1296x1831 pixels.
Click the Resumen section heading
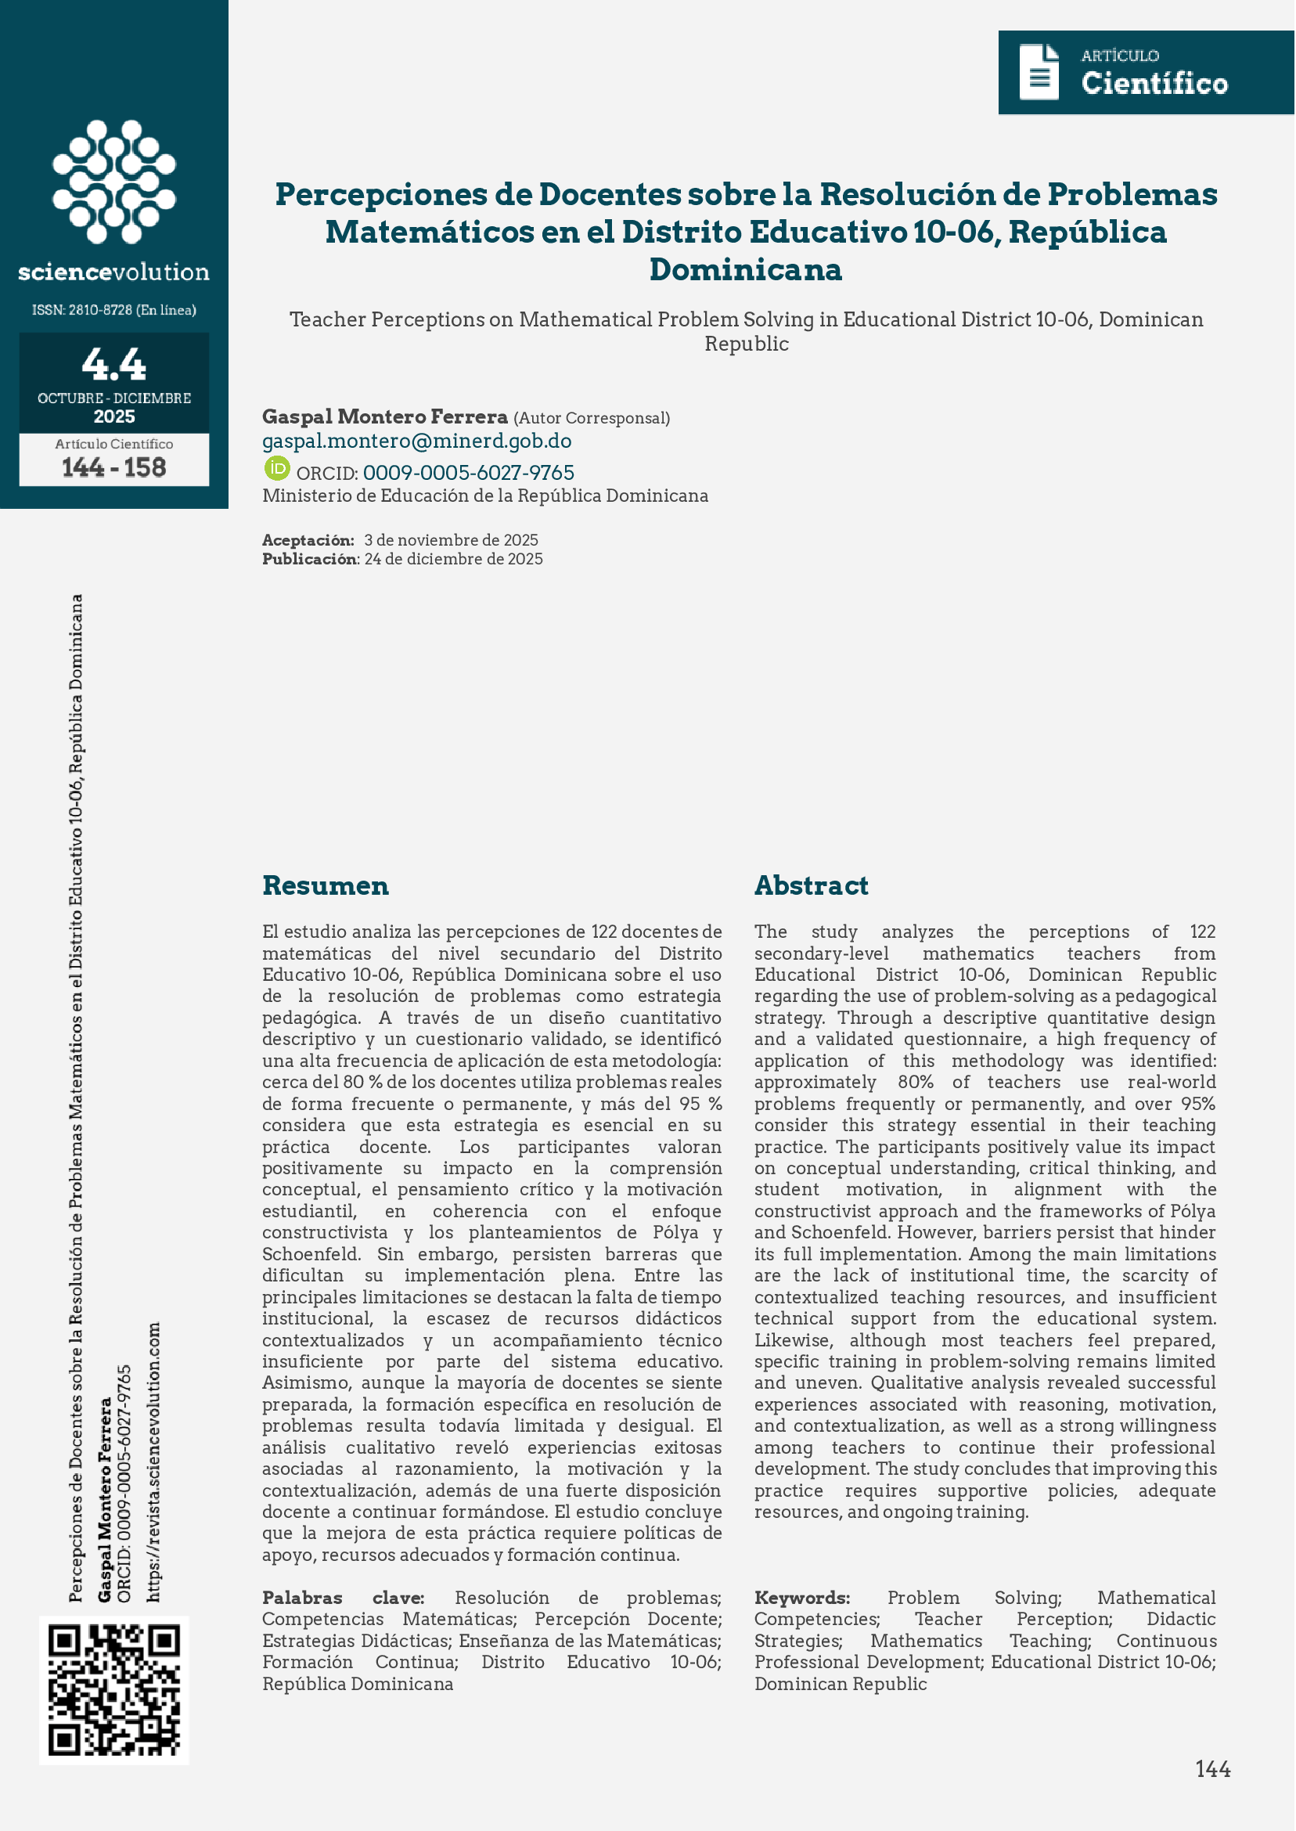pos(326,885)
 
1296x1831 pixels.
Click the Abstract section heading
pos(811,885)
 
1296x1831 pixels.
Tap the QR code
pos(114,1690)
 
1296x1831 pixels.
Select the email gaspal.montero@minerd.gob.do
pos(416,441)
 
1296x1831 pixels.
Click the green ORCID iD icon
pos(277,469)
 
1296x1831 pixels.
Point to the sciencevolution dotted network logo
pos(114,181)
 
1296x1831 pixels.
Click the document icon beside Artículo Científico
pos(1039,73)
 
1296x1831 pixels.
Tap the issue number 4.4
pos(114,364)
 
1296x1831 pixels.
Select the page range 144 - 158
pos(114,467)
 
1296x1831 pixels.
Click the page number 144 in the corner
pos(1212,1768)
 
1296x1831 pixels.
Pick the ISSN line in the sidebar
pos(114,310)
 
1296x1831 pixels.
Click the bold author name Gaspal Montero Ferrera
pos(384,416)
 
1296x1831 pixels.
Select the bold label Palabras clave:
pos(343,1597)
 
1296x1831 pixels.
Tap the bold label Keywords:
pos(802,1597)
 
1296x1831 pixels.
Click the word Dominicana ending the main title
pos(745,269)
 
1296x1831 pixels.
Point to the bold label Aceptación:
pos(308,540)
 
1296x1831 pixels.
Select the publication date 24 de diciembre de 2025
pos(453,559)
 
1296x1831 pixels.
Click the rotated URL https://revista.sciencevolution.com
pos(154,1462)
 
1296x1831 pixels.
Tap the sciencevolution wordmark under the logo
pos(114,272)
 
